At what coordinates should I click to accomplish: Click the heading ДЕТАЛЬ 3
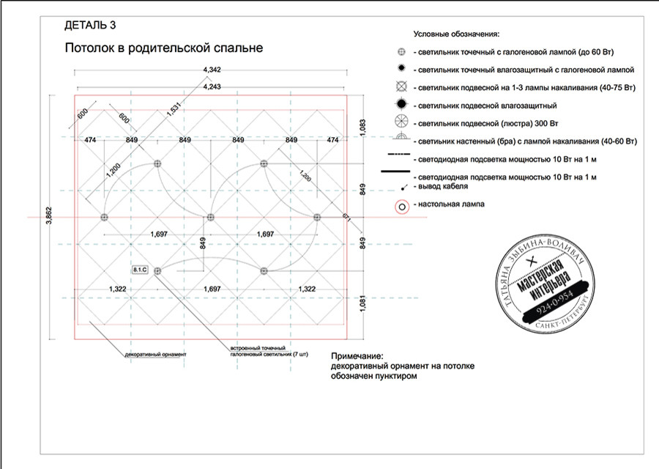click(90, 25)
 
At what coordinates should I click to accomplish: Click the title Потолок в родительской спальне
click(163, 48)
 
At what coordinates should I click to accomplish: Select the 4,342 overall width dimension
click(211, 69)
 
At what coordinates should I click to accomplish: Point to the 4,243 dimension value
click(211, 86)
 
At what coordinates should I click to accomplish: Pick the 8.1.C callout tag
click(140, 270)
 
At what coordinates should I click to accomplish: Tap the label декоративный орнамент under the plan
click(157, 354)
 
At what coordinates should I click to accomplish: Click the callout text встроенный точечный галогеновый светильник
click(258, 349)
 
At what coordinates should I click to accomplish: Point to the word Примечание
click(357, 355)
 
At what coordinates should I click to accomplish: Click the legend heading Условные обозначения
click(456, 34)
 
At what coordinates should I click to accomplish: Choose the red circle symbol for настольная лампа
click(401, 207)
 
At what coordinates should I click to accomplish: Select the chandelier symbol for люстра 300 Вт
click(401, 122)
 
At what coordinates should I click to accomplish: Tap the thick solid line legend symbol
click(395, 173)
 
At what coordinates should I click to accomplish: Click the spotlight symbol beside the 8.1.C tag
click(157, 270)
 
